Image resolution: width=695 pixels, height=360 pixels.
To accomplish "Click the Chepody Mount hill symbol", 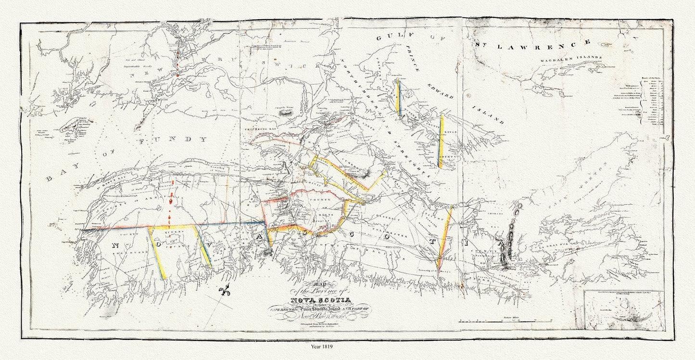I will pos(287,113).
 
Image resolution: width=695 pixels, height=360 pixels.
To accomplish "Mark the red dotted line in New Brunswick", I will pos(177,63).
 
